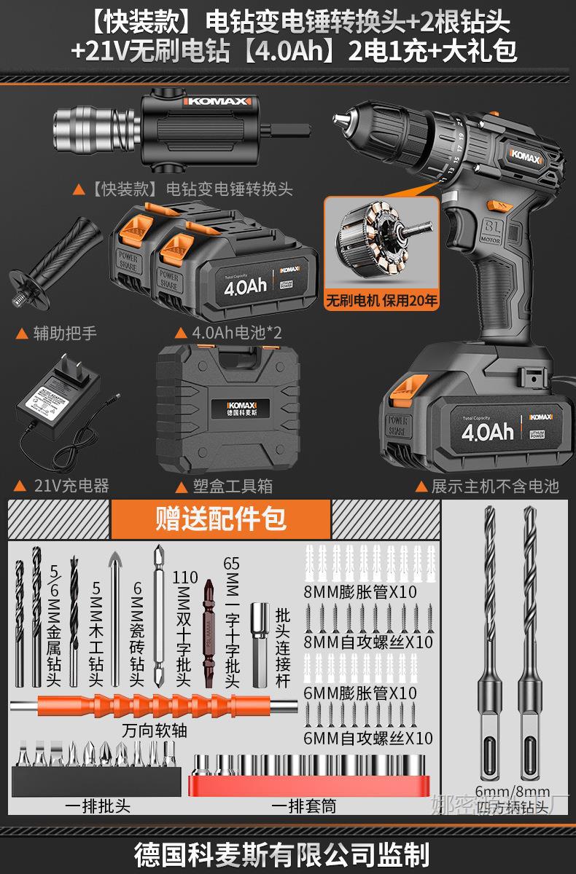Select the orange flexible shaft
153,706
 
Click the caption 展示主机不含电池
495,486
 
